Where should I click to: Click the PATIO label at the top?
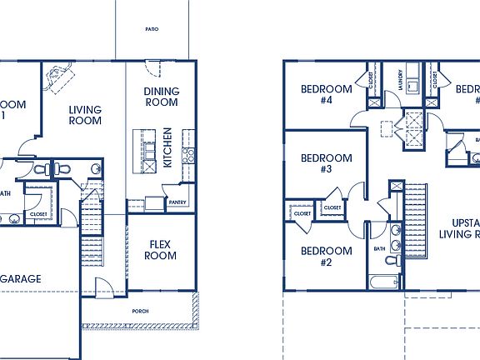point(152,29)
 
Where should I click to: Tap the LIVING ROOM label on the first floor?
point(85,115)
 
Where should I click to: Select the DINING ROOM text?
point(161,97)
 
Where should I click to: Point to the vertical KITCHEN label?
point(167,147)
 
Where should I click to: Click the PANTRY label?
point(177,202)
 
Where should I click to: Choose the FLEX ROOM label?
point(160,250)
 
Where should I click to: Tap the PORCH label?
point(139,310)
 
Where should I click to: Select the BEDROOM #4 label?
point(327,94)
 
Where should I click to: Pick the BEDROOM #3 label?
point(327,163)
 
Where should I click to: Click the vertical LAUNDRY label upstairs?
point(401,79)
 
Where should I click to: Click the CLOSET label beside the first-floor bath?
point(38,213)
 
